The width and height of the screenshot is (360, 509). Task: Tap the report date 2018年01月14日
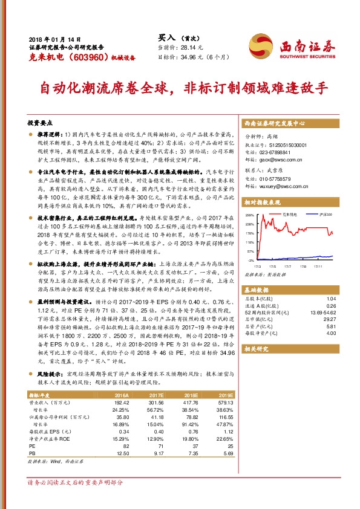(48, 37)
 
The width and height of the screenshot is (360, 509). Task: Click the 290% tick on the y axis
(249, 216)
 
